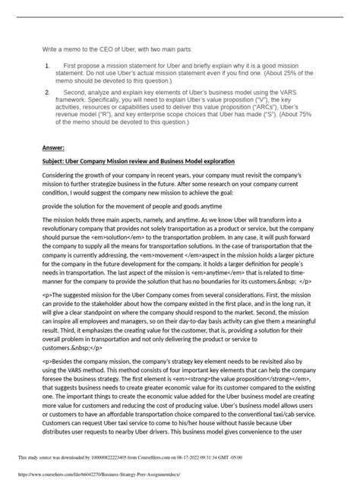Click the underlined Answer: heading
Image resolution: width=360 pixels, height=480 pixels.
click(54, 149)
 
